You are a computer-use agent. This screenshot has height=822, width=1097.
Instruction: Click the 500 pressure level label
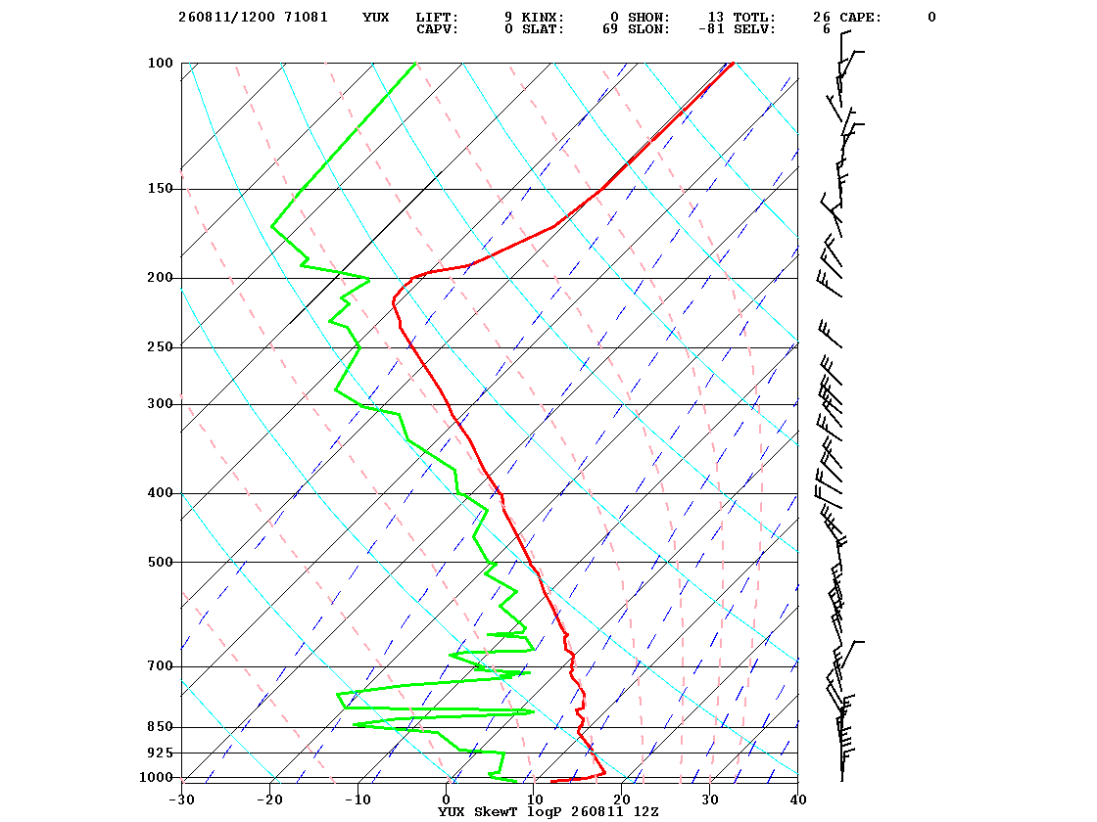coord(161,562)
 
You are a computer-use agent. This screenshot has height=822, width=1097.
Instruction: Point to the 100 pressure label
coord(161,63)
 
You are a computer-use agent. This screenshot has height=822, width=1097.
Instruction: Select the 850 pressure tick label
coord(161,727)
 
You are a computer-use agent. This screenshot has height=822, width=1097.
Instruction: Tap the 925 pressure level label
coord(161,753)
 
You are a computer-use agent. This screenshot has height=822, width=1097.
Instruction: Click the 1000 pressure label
coord(156,777)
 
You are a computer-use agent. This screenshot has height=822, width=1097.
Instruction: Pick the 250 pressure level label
coord(161,346)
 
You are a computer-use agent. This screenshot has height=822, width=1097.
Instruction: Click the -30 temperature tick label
coord(182,799)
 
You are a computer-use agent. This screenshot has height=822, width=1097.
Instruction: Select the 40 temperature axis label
coord(798,799)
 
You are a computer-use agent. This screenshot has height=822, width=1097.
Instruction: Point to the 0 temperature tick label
coord(447,799)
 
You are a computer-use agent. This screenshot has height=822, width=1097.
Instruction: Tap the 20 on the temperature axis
coord(622,799)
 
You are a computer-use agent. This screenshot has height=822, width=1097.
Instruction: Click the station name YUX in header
coord(376,18)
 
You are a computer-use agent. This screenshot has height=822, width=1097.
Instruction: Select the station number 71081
coord(306,18)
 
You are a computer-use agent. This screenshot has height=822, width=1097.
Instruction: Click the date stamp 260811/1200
coord(226,18)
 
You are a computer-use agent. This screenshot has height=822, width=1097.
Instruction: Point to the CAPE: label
coord(861,18)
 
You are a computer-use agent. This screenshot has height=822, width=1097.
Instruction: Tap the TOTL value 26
coord(822,18)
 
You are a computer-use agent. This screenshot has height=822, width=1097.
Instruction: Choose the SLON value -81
coord(711,29)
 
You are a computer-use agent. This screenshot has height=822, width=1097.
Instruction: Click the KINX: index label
coord(543,18)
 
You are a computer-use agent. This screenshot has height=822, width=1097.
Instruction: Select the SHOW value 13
coord(716,18)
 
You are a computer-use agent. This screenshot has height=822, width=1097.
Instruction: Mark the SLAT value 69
coord(610,29)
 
